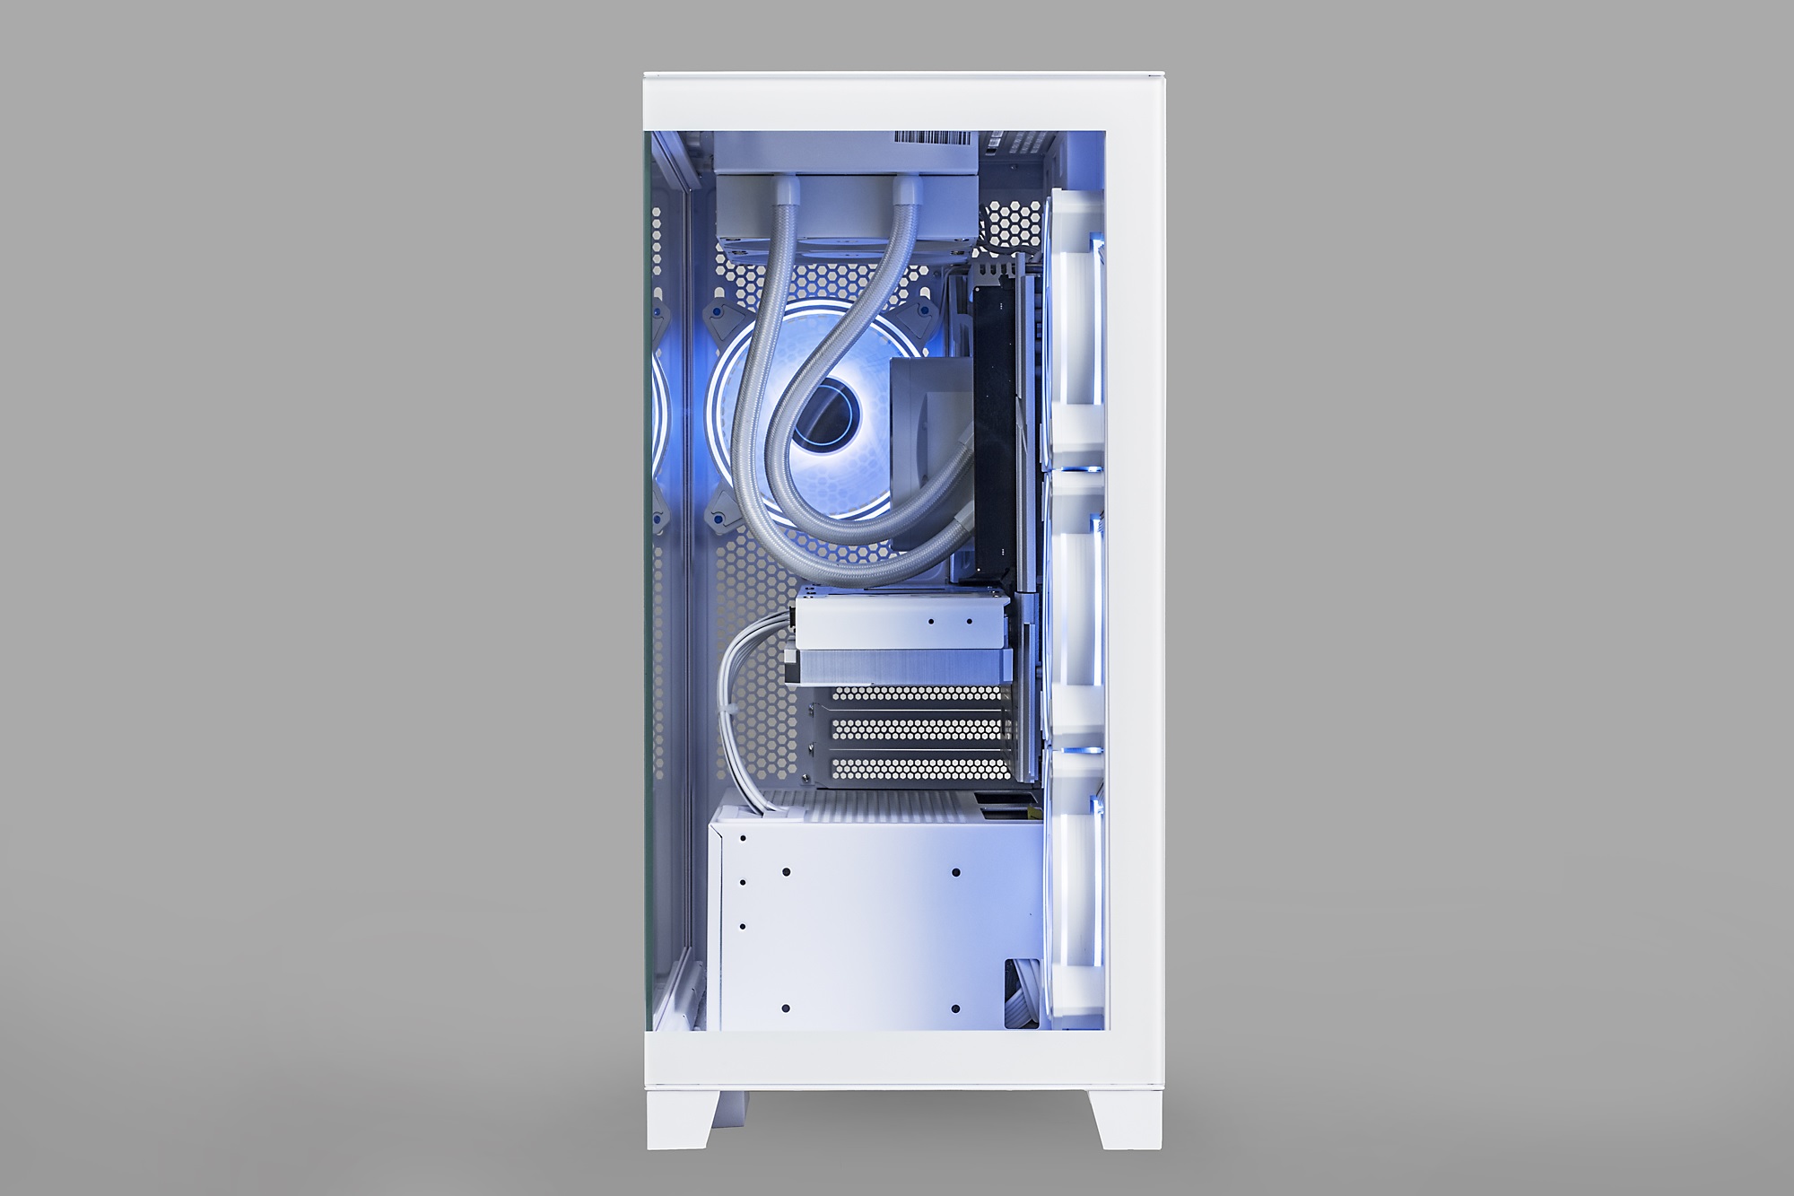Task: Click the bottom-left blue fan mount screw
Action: pyautogui.click(x=718, y=518)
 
